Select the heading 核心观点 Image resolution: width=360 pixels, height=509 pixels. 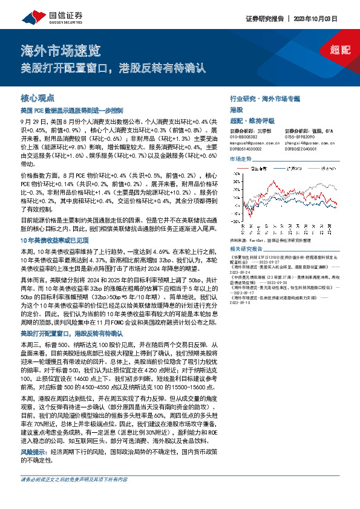(x=38, y=97)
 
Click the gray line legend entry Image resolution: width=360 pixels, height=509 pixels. (x=325, y=168)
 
